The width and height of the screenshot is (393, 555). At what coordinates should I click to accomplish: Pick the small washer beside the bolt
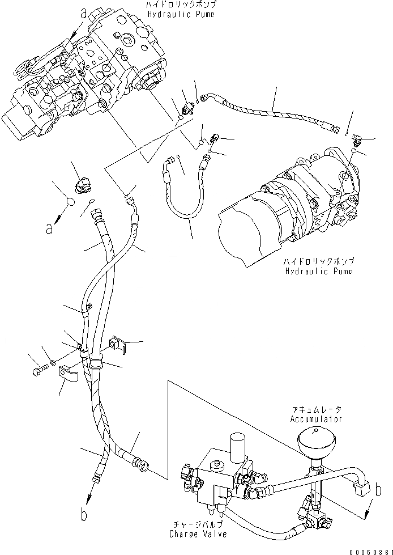point(53,361)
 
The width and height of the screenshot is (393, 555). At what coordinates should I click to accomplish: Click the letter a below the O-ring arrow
point(50,229)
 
